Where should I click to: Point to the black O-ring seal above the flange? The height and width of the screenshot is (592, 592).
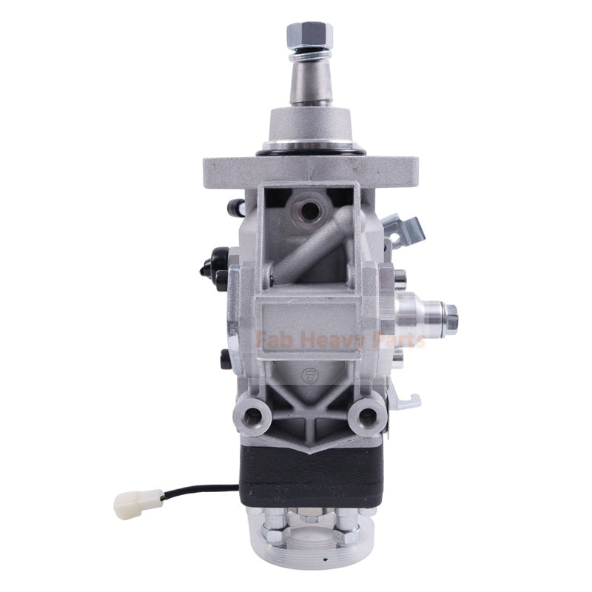(310, 152)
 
